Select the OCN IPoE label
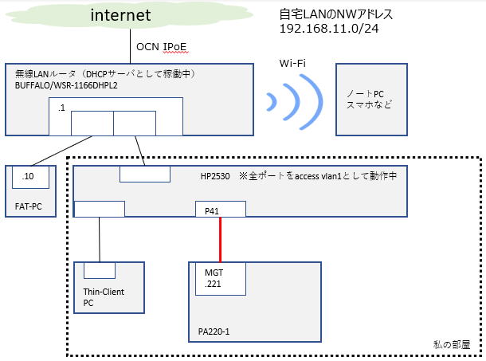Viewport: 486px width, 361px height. [x=162, y=47]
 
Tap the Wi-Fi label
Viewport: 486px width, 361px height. [x=292, y=62]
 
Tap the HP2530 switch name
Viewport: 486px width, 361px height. [x=209, y=176]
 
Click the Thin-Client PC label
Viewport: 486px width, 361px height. [x=103, y=297]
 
